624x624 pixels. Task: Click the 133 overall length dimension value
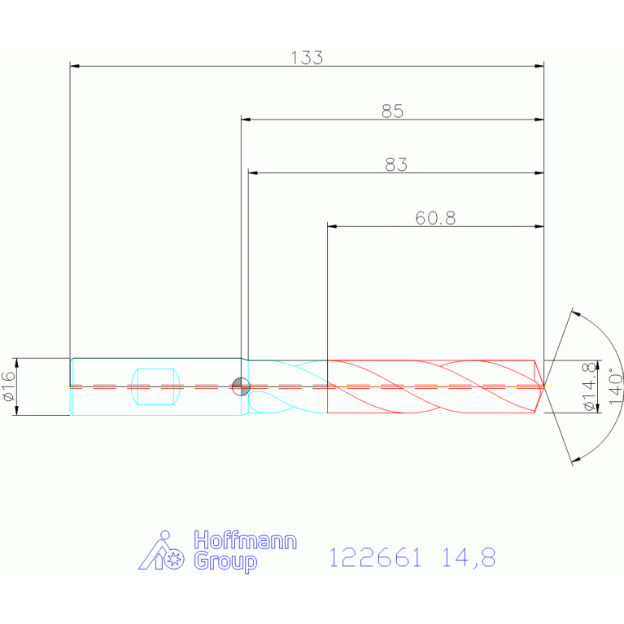click(307, 58)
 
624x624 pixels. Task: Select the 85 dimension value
click(392, 111)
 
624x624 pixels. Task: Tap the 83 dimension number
click(396, 164)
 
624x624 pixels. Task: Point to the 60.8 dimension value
click(435, 218)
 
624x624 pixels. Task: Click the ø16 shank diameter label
click(9, 386)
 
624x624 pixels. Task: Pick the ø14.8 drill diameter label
click(590, 386)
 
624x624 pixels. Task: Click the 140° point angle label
click(616, 386)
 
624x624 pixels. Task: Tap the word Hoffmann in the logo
click(245, 540)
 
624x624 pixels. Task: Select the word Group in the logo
click(225, 561)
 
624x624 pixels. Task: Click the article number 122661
click(375, 557)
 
